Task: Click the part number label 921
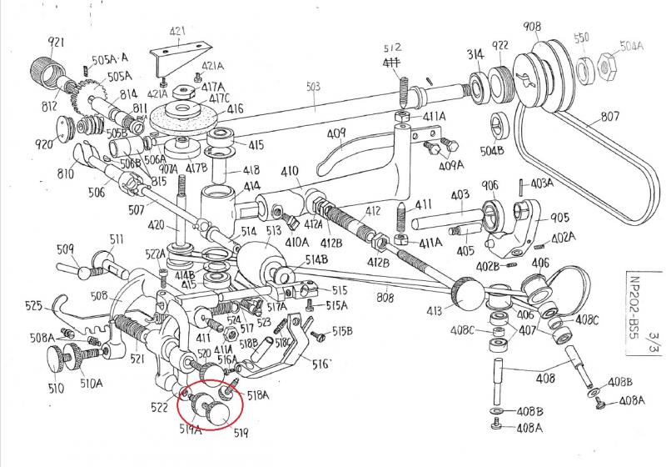pos(56,42)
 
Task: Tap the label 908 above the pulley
pos(531,27)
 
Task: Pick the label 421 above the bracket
pos(177,33)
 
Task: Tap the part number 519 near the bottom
pos(241,434)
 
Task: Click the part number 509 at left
pos(65,248)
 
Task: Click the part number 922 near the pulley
pos(500,46)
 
